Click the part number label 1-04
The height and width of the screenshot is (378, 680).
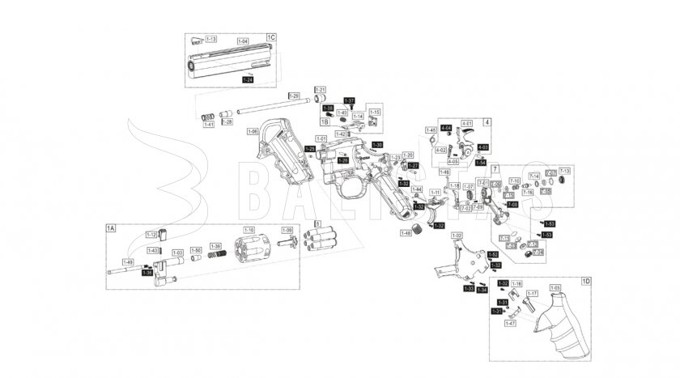coord(243,40)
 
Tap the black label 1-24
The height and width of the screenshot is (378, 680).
coord(249,79)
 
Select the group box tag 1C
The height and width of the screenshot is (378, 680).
coord(270,37)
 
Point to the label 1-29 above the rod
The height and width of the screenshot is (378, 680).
coord(294,96)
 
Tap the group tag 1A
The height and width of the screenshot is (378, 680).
coord(111,229)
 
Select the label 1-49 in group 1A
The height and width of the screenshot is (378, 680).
coord(127,261)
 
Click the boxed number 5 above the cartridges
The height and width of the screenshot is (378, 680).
coord(318,223)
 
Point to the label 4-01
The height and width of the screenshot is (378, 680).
coord(466,123)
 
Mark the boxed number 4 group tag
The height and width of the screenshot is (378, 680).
coord(487,121)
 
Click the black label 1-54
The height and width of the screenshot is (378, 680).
coord(481,162)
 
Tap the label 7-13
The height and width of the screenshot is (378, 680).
coord(564,171)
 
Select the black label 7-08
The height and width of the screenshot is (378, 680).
coord(512,205)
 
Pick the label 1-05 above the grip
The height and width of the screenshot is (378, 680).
coord(555,287)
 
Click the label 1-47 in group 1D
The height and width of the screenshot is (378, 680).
coord(509,323)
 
